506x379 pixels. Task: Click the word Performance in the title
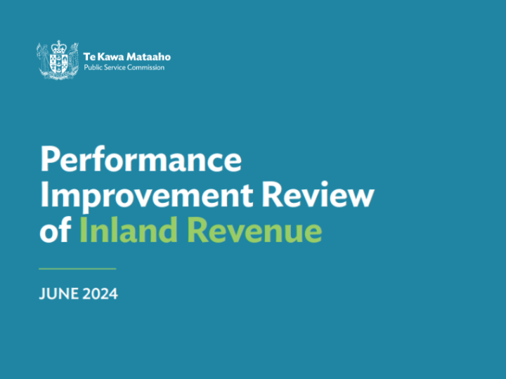141,161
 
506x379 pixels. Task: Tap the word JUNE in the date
57,294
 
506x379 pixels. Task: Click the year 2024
98,294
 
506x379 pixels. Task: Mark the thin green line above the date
77,269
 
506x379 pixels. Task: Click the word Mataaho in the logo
148,56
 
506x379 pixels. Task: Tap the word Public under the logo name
93,67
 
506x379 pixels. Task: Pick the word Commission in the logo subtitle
148,67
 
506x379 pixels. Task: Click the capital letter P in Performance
49,161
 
